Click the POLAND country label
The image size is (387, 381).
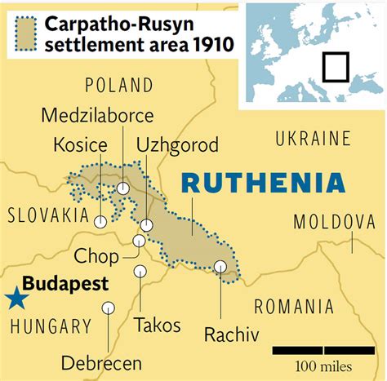[118, 85]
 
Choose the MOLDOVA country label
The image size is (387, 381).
[334, 221]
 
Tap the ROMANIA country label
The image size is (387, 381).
[294, 307]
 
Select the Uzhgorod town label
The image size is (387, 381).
[177, 145]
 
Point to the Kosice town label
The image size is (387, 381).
[80, 145]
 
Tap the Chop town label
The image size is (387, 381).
[96, 256]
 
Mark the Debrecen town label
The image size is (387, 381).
[101, 363]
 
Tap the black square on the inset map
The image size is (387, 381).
[335, 66]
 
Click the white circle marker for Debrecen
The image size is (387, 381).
[108, 308]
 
